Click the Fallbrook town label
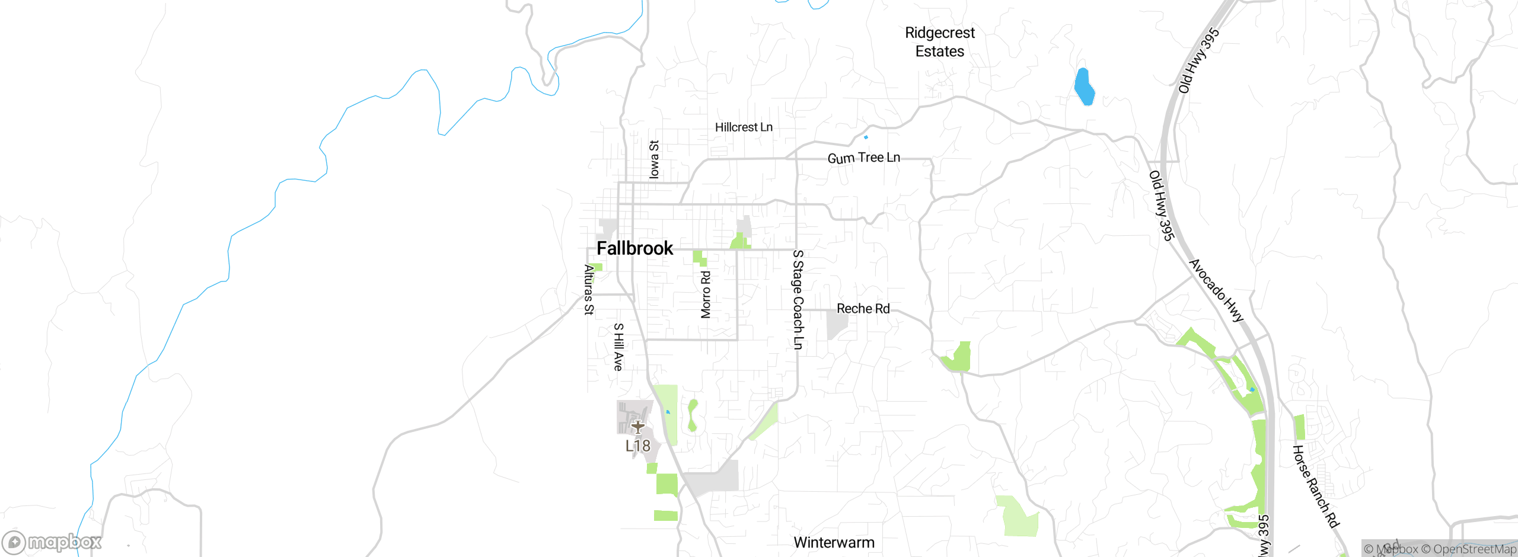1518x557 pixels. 634,248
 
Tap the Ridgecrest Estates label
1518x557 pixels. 940,42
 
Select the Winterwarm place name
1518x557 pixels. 834,542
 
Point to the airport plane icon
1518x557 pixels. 637,427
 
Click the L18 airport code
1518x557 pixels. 638,446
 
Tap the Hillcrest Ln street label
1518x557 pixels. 744,127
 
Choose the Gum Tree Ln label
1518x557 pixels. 863,158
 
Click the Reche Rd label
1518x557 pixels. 863,309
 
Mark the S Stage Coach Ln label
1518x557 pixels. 798,300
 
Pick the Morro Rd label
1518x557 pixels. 706,294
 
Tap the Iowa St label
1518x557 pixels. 654,159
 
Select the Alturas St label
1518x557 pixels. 589,290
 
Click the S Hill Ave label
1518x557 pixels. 618,347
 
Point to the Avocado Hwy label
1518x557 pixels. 1216,290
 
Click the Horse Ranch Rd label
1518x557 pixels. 1315,486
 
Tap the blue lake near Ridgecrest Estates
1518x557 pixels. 1084,87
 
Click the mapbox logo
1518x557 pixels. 52,542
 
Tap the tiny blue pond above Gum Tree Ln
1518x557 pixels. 866,137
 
